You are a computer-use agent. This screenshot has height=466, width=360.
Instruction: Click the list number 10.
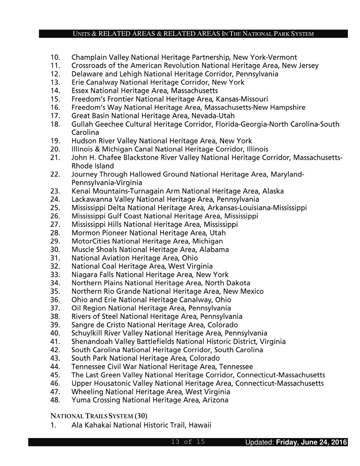55,58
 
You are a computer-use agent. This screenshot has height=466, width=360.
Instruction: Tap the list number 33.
55,275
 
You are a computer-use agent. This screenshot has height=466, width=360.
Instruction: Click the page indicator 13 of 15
188,442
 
